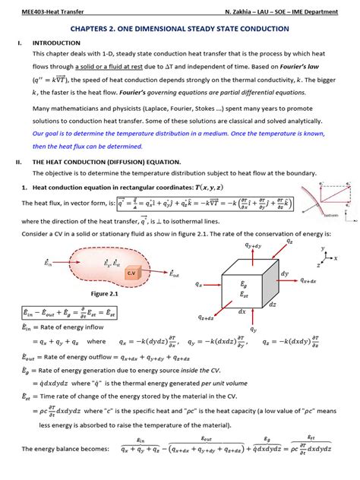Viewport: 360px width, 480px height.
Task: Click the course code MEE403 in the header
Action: (x=30, y=12)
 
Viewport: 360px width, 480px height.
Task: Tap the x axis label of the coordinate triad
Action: (x=335, y=258)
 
